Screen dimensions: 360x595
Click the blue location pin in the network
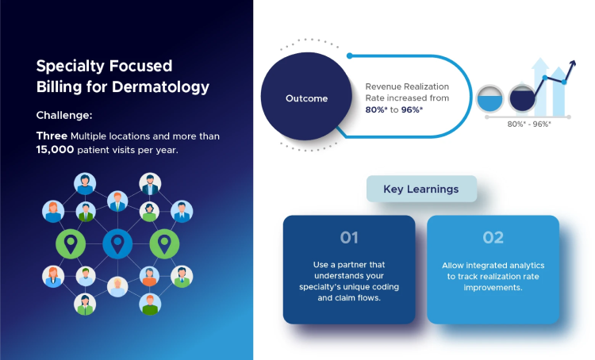(x=117, y=243)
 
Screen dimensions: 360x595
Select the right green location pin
(x=164, y=243)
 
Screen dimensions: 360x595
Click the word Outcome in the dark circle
(x=306, y=98)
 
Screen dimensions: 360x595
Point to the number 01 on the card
(x=349, y=237)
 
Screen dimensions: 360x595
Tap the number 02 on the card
(x=493, y=237)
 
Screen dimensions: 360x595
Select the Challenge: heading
(x=67, y=115)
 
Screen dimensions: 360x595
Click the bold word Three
(x=52, y=136)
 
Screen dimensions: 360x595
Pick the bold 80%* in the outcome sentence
(x=378, y=109)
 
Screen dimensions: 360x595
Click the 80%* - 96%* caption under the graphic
(x=529, y=124)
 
